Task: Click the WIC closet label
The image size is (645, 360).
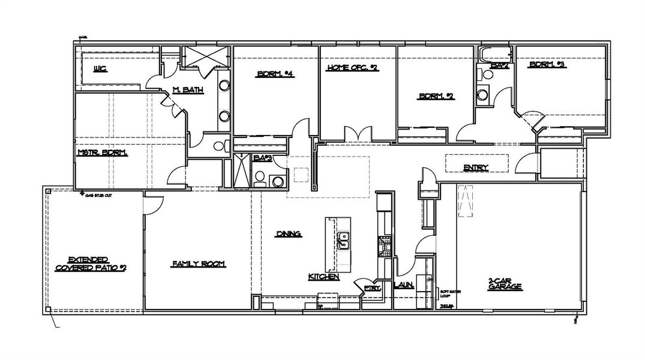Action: tap(100, 69)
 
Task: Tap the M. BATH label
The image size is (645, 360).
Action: tap(188, 90)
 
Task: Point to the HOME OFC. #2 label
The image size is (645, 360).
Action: tap(352, 68)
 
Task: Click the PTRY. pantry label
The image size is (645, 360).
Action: tap(372, 288)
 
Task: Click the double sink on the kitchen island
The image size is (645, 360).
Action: tap(344, 241)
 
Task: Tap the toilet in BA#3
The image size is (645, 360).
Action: tap(260, 178)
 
